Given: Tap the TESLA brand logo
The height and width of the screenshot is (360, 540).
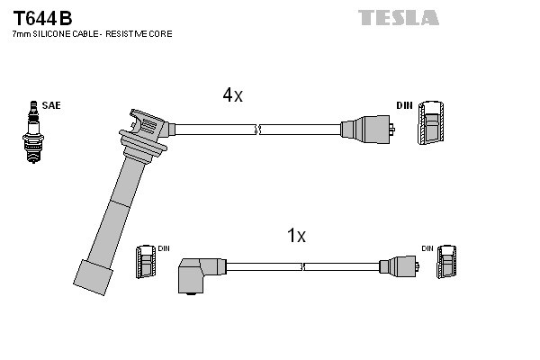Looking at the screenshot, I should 399,17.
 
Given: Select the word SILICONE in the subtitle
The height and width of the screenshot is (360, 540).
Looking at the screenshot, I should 54,33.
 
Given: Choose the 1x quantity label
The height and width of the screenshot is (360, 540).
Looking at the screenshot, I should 296,236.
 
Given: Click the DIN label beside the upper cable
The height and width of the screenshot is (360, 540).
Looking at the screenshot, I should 404,105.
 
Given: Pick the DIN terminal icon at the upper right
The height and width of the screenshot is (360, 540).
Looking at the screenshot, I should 430,123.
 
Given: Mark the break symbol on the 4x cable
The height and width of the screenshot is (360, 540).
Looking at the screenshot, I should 258,129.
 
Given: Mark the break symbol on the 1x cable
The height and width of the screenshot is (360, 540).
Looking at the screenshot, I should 304,267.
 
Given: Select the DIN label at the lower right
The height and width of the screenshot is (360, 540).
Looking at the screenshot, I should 427,247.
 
